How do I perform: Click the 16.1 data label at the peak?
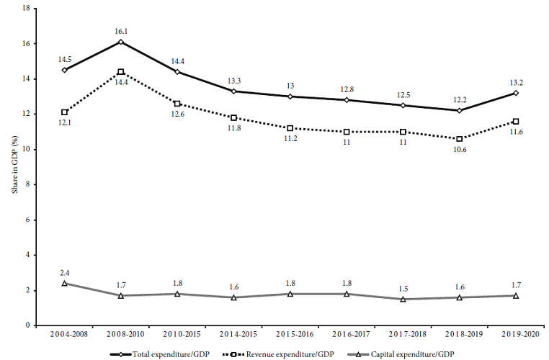(120, 32)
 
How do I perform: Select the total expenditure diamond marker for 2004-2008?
(65, 70)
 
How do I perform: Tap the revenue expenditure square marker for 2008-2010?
(121, 72)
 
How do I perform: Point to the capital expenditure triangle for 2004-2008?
(65, 283)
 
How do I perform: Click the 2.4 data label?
(65, 272)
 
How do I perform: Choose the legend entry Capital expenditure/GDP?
(411, 354)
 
